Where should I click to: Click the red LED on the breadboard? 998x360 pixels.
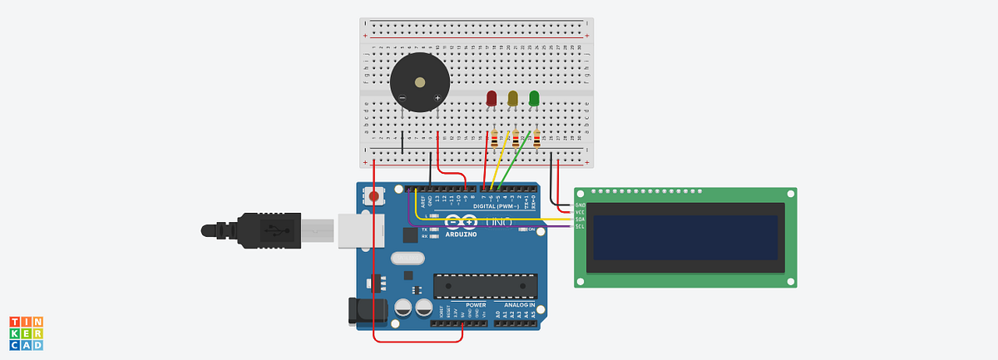point(491,98)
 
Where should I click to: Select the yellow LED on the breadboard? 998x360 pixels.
point(512,98)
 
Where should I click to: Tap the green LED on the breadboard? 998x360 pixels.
point(534,98)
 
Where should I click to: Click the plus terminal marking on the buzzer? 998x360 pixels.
point(437,98)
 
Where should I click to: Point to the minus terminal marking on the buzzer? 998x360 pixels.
point(403,98)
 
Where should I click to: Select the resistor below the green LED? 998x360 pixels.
point(536,139)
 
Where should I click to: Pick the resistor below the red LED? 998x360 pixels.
point(495,139)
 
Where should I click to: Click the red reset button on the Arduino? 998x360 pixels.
point(374,197)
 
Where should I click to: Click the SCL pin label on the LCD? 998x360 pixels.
point(580,226)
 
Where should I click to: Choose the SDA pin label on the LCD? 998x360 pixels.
point(580,219)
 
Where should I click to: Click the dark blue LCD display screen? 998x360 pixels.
point(684,239)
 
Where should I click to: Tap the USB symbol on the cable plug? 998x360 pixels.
point(272,229)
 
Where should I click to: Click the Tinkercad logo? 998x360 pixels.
point(26,333)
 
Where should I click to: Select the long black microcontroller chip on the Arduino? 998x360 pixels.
point(482,285)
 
